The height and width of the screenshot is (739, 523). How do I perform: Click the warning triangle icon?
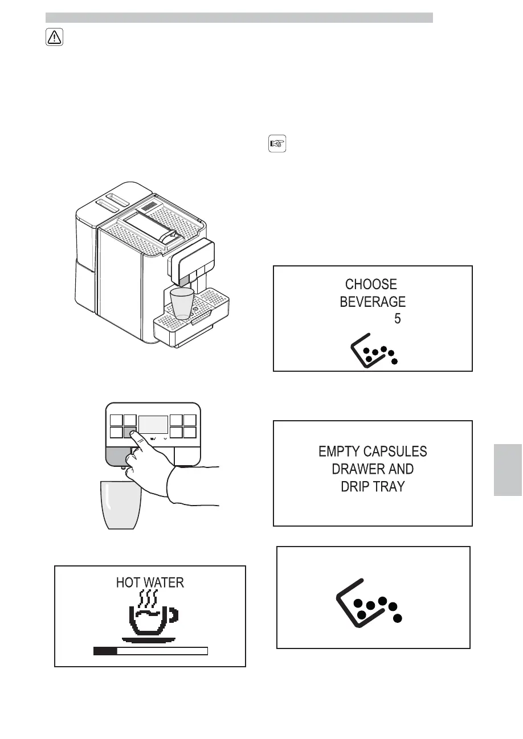pos(54,38)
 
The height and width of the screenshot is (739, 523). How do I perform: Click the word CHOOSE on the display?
pos(371,284)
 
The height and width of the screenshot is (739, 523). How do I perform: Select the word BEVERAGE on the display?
pos(373,302)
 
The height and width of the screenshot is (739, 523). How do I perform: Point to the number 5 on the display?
pos(397,319)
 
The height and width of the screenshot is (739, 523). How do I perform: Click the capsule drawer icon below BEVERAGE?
pos(374,351)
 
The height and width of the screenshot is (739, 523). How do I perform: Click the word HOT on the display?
pos(128,582)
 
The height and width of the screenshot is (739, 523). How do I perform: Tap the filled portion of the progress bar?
pos(105,651)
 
